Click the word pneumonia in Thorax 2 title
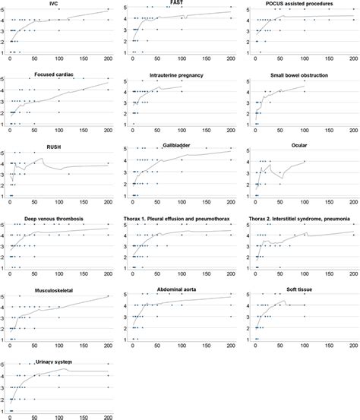tap(339, 219)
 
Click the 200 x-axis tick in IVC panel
tap(108, 59)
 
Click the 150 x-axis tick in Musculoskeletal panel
tap(84, 345)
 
